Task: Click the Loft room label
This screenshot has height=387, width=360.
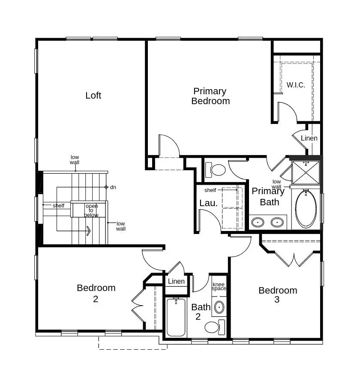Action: [93, 96]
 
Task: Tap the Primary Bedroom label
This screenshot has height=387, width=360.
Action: [210, 96]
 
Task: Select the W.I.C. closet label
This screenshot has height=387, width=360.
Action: [296, 85]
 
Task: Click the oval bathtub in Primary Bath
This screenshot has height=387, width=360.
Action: [306, 209]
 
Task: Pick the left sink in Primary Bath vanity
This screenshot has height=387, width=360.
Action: [258, 222]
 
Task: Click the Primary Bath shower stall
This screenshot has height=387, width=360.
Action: [306, 174]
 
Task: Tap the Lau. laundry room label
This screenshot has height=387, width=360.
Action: [208, 203]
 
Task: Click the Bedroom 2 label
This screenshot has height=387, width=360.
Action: [96, 293]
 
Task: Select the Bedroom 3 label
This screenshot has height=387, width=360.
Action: [277, 295]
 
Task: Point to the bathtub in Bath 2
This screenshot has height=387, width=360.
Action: [176, 317]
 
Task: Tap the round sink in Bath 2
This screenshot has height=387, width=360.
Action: [219, 307]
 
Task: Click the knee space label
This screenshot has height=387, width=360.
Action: [219, 286]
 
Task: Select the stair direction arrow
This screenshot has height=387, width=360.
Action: [88, 231]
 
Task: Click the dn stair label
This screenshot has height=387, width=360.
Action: [113, 187]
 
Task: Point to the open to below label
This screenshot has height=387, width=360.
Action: [91, 210]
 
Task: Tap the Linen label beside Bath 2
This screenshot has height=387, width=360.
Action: [176, 282]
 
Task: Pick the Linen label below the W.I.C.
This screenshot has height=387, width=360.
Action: [309, 138]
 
